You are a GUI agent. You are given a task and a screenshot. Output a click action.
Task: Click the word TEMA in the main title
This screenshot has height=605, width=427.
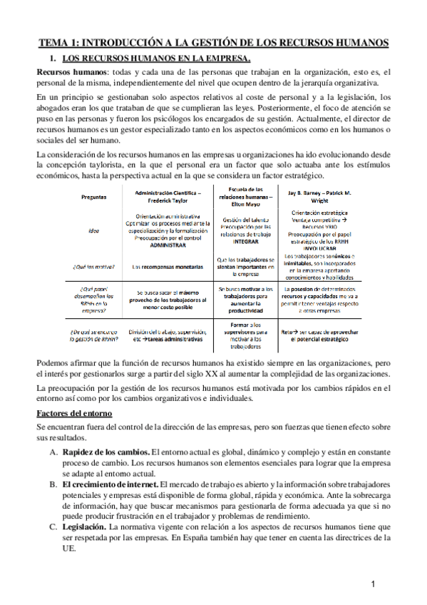tap(54, 43)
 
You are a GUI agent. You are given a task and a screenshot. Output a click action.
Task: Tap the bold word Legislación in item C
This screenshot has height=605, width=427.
tap(84, 527)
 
